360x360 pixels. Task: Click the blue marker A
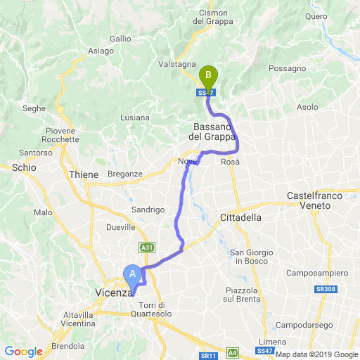pyautogui.click(x=131, y=274)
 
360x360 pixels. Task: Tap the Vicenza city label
pyautogui.click(x=113, y=292)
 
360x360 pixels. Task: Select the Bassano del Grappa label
pyautogui.click(x=214, y=131)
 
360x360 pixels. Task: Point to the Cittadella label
pyautogui.click(x=240, y=217)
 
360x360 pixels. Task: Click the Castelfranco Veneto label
pyautogui.click(x=313, y=200)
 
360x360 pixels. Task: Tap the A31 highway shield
pyautogui.click(x=147, y=247)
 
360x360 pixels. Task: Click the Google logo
pyautogui.click(x=23, y=352)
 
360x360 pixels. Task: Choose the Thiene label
pyautogui.click(x=84, y=174)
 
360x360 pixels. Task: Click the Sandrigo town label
pyautogui.click(x=148, y=210)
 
